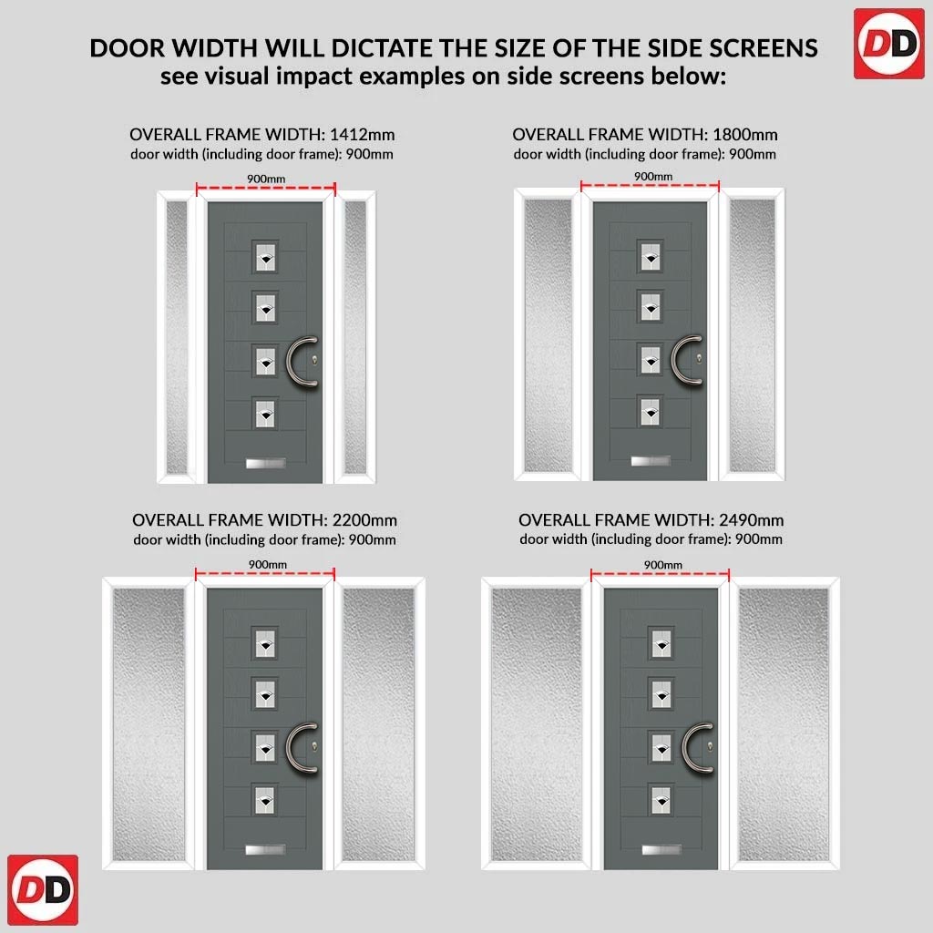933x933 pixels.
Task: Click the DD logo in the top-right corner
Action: pos(889,44)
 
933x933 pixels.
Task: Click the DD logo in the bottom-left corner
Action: pos(43,889)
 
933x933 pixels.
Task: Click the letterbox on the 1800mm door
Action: pos(651,460)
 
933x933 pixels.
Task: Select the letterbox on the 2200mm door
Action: pos(265,849)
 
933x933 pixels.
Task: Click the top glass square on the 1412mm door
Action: pos(265,257)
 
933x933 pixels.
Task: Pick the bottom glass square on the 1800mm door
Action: pos(651,412)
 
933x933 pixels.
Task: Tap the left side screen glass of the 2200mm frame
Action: pos(149,724)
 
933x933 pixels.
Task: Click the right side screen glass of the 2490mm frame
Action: pos(783,724)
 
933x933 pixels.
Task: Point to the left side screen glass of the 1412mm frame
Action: pos(177,337)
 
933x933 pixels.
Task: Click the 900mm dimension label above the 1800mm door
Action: pos(653,176)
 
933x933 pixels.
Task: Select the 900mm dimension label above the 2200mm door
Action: pos(268,564)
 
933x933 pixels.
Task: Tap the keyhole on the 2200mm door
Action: pos(314,746)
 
